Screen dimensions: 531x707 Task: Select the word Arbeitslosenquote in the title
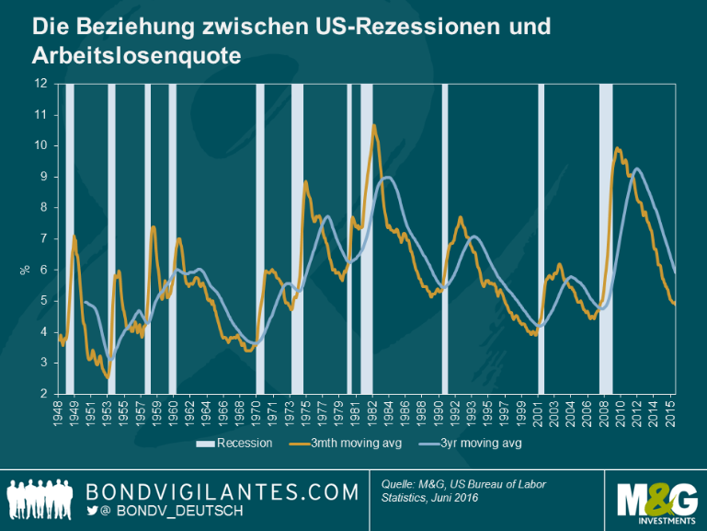pyautogui.click(x=136, y=55)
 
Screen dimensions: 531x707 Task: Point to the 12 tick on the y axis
pyautogui.click(x=40, y=83)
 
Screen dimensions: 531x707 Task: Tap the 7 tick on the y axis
pyautogui.click(x=43, y=238)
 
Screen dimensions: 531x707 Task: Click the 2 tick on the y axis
pyautogui.click(x=43, y=394)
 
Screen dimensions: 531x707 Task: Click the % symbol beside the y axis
pyautogui.click(x=25, y=270)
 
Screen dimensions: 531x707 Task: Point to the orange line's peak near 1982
pyautogui.click(x=373, y=125)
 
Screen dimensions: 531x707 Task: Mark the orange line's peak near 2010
pyautogui.click(x=617, y=148)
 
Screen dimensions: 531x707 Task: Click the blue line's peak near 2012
pyautogui.click(x=636, y=168)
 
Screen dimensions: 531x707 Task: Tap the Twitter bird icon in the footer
pyautogui.click(x=92, y=510)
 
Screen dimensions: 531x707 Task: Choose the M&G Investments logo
pyautogui.click(x=656, y=498)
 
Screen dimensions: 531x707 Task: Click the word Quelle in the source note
pyautogui.click(x=402, y=483)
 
